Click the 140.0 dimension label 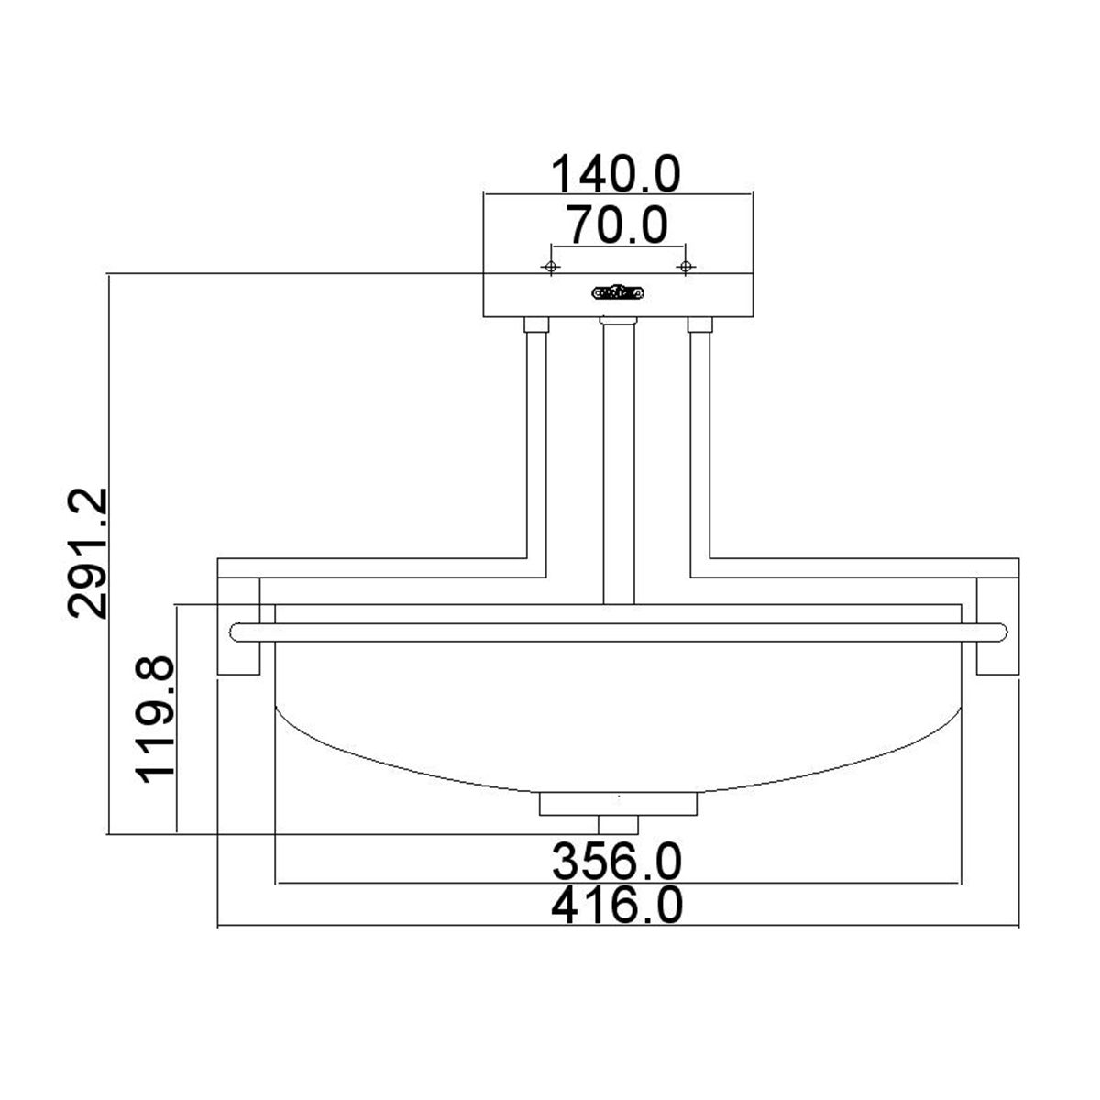pos(615,173)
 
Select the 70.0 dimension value pos(615,225)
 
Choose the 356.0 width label pos(617,861)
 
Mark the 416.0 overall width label pos(617,907)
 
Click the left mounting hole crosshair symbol pos(550,267)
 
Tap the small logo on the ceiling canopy pos(618,293)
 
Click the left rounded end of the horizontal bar pos(236,632)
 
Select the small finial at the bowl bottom pos(618,824)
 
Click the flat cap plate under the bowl pos(618,804)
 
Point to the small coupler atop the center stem pos(618,322)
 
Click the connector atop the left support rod pos(536,324)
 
